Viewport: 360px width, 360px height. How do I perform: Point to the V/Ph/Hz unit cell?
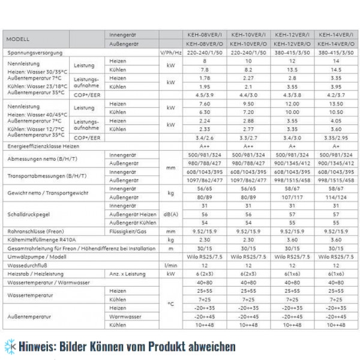coord(170,53)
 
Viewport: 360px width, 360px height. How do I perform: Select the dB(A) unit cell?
coord(170,214)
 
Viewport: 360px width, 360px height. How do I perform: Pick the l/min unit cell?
coord(170,264)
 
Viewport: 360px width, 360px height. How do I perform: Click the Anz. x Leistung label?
coord(125,272)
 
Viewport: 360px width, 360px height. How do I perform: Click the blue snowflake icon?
coord(8,347)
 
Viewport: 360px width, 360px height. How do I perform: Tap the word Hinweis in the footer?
coord(36,347)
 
